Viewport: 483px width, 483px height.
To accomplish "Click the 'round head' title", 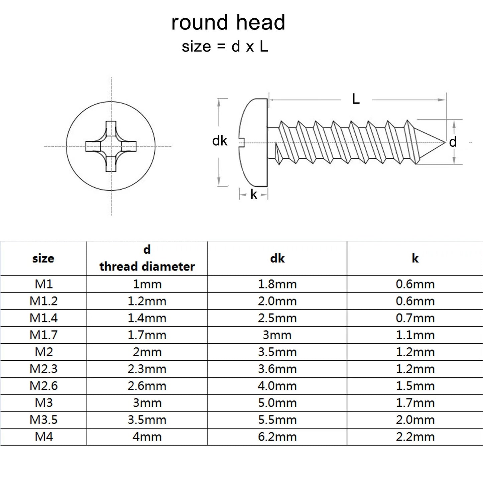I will click(228, 23).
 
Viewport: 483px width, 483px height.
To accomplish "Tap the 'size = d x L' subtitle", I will click(225, 47).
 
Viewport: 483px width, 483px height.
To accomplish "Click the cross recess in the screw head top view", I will click(111, 146).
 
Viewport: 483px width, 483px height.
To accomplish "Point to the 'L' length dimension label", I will click(356, 99).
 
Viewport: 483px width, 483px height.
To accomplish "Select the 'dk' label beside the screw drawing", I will click(220, 141).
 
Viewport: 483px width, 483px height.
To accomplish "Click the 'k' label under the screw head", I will click(254, 195).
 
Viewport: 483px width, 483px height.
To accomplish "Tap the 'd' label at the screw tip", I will click(453, 142).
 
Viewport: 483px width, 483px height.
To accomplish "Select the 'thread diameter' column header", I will click(147, 266).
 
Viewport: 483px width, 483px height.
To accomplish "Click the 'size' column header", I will click(43, 258).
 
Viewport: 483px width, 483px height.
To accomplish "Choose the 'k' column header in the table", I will click(415, 258).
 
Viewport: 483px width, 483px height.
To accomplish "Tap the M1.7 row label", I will click(43, 335).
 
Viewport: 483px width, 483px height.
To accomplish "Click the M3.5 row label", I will click(43, 420).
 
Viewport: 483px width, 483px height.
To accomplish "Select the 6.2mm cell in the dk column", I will click(277, 437).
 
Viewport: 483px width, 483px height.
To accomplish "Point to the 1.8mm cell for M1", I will click(277, 284).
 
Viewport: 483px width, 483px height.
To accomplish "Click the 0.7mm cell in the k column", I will click(415, 318).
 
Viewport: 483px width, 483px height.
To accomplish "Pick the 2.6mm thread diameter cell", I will click(147, 386).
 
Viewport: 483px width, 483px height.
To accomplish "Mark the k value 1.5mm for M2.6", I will click(415, 386).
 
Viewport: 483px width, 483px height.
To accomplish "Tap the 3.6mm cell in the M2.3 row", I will click(277, 369).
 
